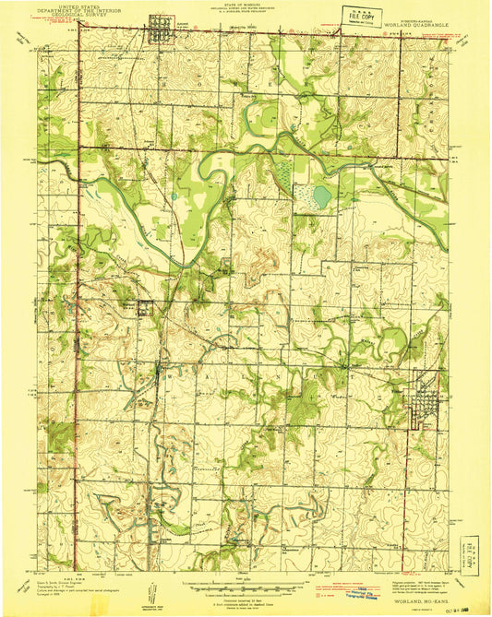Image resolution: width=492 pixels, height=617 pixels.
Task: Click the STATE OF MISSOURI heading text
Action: click(246, 5)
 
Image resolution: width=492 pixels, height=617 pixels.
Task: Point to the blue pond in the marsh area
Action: click(320, 196)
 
